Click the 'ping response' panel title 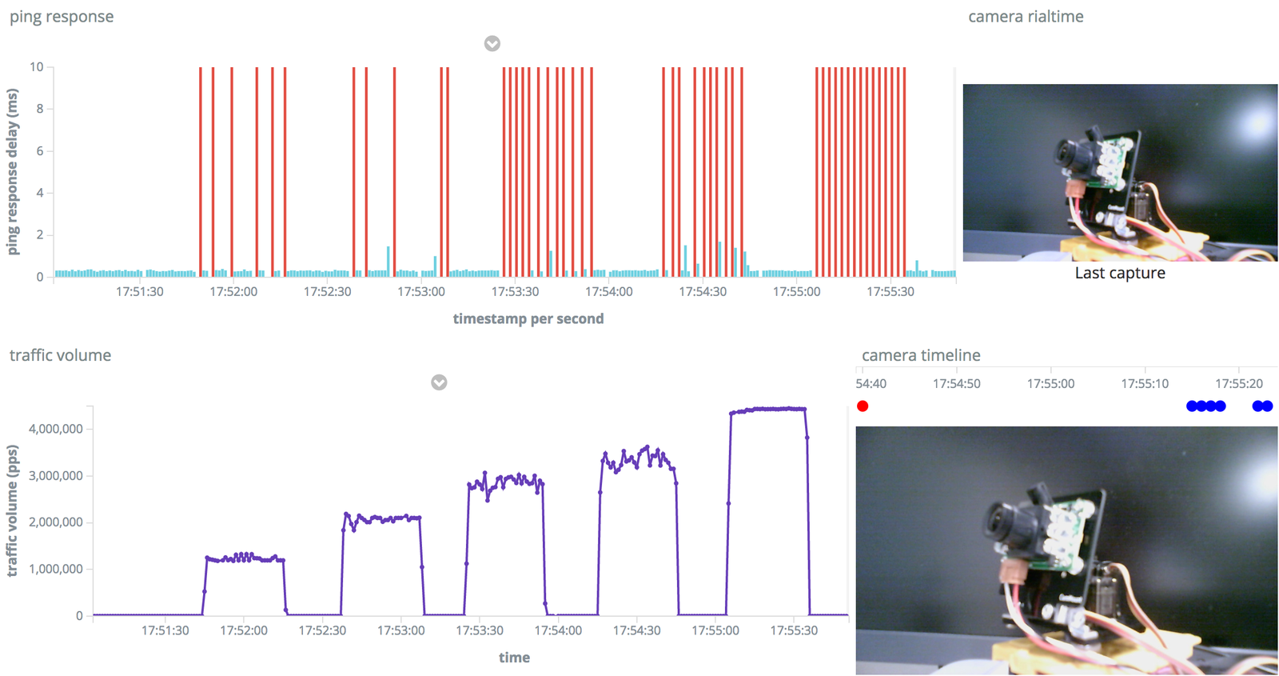62,17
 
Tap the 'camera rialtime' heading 1026,17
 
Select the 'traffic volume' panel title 60,355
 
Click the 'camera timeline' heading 921,355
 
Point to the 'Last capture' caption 1119,273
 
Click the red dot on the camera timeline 863,406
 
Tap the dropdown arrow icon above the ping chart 492,43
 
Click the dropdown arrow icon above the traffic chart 439,382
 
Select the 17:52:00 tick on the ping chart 233,292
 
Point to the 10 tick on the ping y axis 37,67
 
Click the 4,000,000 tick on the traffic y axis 56,429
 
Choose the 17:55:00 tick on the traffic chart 715,630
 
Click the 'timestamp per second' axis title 528,318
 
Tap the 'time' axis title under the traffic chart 514,658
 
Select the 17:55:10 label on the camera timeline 1145,384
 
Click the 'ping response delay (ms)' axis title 13,172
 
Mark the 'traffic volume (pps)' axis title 13,510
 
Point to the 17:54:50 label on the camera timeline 957,384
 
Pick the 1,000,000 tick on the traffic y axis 56,569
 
